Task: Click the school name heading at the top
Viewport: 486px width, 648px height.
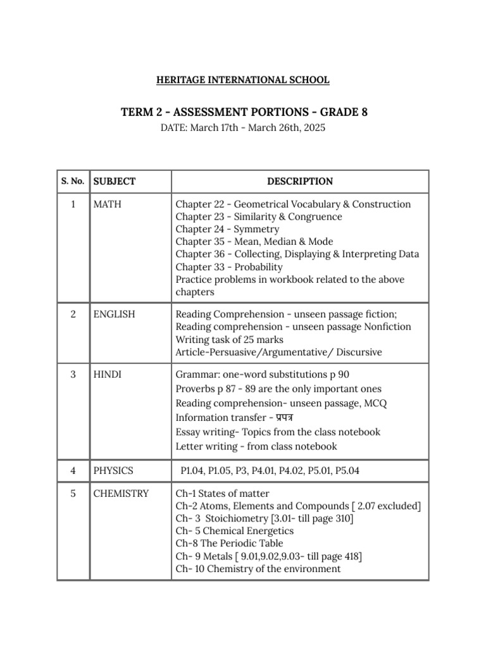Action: [243, 80]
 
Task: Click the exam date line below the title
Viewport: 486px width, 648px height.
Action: [243, 127]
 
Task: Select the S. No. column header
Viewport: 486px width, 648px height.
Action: [73, 182]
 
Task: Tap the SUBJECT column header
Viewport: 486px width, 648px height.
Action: [115, 182]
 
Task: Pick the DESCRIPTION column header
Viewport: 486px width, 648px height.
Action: [299, 182]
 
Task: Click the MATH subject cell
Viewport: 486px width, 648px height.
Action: [108, 204]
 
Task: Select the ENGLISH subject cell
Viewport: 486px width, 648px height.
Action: [114, 315]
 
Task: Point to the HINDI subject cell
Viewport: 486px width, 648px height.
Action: [108, 375]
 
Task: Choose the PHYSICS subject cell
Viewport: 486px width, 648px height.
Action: [113, 471]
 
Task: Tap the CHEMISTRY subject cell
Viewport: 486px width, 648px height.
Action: [121, 494]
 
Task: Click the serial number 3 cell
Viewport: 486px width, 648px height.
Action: [73, 375]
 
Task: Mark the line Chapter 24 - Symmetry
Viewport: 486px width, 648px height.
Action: [227, 229]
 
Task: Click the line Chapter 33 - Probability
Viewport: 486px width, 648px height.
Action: [229, 267]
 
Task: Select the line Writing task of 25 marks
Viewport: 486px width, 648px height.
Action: [230, 340]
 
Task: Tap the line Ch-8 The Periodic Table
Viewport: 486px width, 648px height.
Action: [229, 544]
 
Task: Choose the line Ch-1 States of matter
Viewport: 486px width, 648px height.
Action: [222, 494]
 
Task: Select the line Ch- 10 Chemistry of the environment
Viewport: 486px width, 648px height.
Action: [258, 569]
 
